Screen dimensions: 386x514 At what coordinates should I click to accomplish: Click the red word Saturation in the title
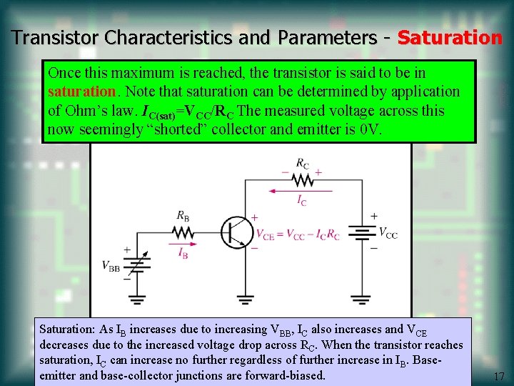[x=450, y=37]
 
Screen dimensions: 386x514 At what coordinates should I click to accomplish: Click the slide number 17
[x=499, y=376]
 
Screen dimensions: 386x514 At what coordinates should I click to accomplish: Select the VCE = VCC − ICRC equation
[x=297, y=234]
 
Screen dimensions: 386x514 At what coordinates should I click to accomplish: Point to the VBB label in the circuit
[x=111, y=267]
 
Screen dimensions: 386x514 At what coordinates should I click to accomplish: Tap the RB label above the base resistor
[x=183, y=215]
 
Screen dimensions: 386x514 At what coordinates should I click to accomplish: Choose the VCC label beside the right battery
[x=388, y=233]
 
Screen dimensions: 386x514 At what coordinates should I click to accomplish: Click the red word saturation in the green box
[x=81, y=92]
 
